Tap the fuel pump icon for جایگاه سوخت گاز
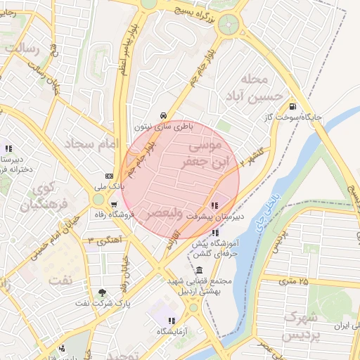coord(291,107)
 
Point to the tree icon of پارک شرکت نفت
coord(103,292)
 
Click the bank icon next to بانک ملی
coord(109,176)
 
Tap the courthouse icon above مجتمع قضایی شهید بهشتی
coord(200,271)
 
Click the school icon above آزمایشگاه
coord(172,321)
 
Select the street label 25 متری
coord(293,281)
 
